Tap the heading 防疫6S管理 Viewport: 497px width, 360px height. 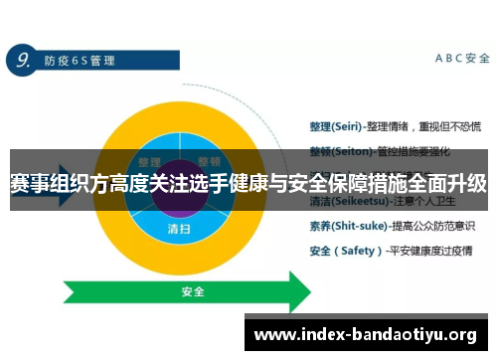(x=80, y=61)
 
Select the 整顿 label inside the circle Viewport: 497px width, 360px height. (x=209, y=162)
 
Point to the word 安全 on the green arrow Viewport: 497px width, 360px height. (x=192, y=292)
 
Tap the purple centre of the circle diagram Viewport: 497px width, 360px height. (x=180, y=189)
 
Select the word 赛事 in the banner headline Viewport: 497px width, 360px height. (x=30, y=184)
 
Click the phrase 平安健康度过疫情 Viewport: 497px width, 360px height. (x=435, y=251)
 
